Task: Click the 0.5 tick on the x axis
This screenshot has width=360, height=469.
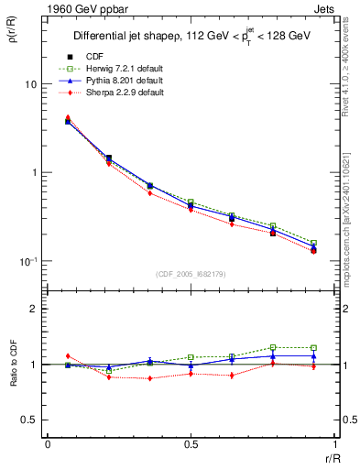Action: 190,445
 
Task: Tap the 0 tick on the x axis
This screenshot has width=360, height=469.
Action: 48,445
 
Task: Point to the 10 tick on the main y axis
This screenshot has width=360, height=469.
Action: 30,84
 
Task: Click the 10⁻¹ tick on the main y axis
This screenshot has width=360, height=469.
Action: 28,261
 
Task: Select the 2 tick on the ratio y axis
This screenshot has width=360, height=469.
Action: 35,309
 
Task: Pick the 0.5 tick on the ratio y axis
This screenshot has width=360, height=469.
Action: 31,420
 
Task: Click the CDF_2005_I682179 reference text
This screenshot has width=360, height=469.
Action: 192,274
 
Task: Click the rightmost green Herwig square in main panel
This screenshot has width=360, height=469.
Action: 313,243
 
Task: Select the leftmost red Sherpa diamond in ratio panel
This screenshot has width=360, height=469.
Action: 68,355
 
